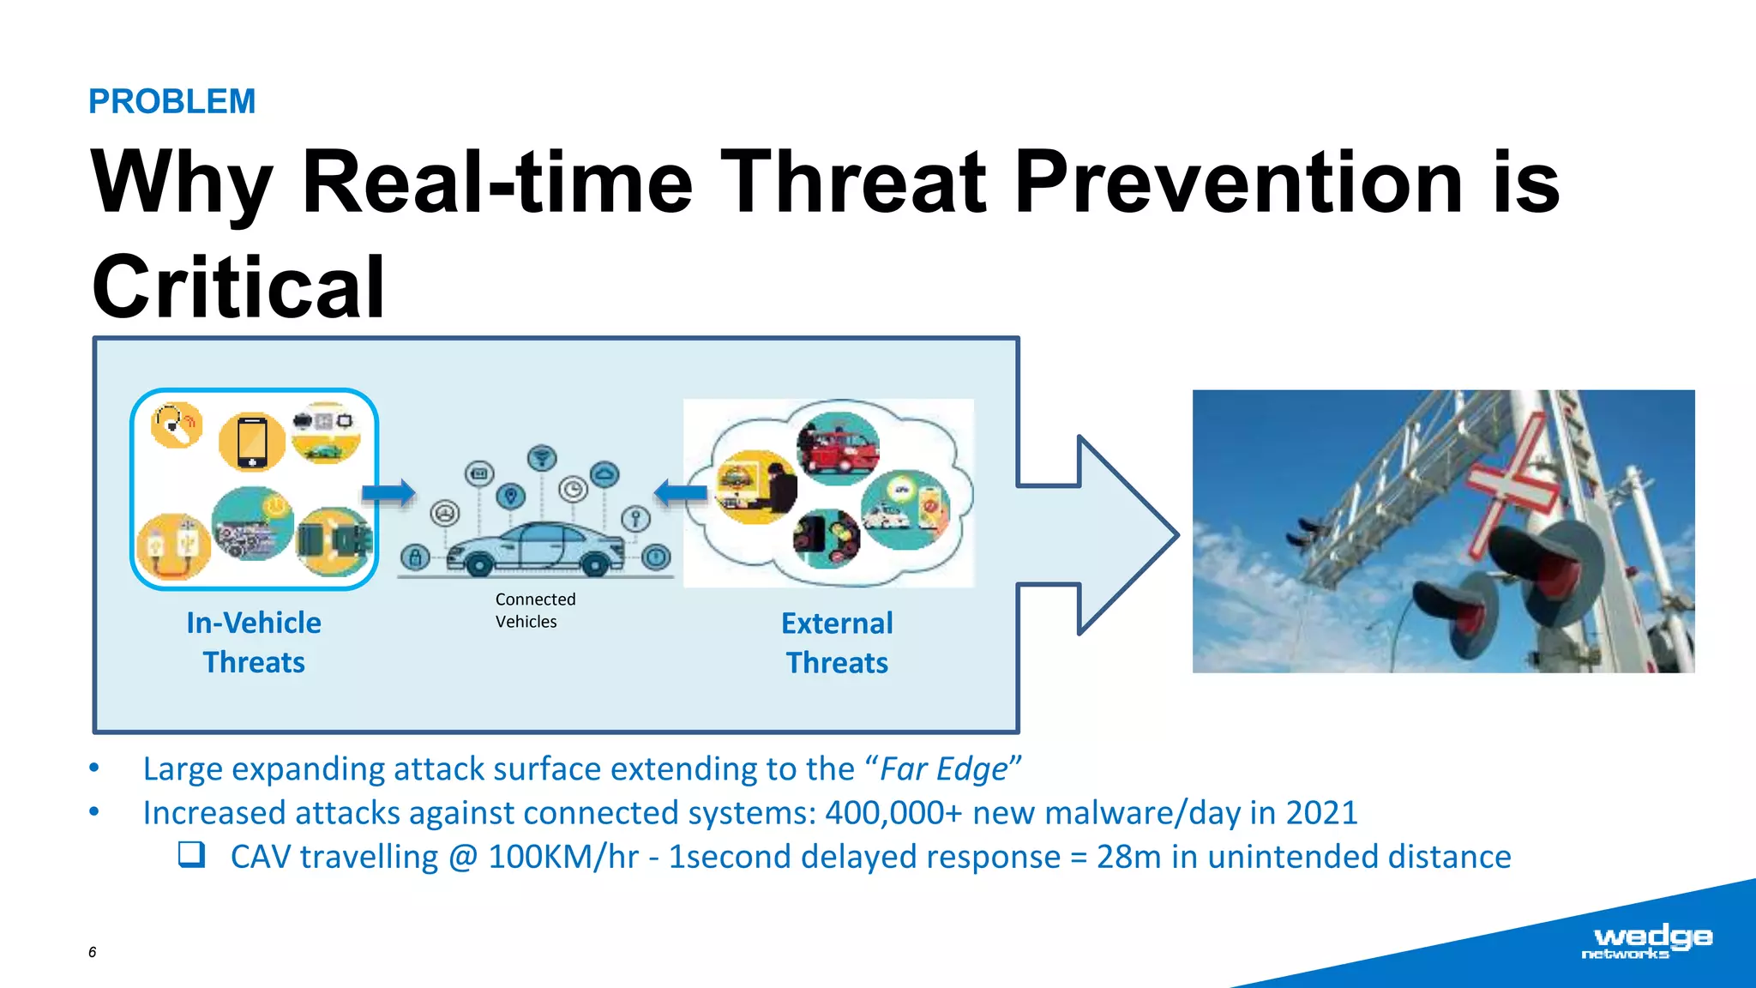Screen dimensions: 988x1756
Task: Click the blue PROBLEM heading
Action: [171, 101]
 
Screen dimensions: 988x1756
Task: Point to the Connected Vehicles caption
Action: [534, 610]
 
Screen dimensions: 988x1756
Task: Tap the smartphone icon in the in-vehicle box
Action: [252, 441]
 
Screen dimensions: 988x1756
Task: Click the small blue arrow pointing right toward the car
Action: [388, 493]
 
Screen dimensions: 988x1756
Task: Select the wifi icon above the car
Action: [541, 457]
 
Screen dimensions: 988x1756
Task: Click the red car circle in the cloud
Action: [838, 449]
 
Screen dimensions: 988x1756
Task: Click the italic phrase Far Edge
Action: [943, 768]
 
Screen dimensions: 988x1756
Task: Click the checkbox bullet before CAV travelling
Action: [191, 854]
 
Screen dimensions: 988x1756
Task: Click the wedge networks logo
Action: [1645, 941]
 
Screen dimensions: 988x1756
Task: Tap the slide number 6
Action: [92, 952]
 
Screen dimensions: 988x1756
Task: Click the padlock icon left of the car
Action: [415, 557]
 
